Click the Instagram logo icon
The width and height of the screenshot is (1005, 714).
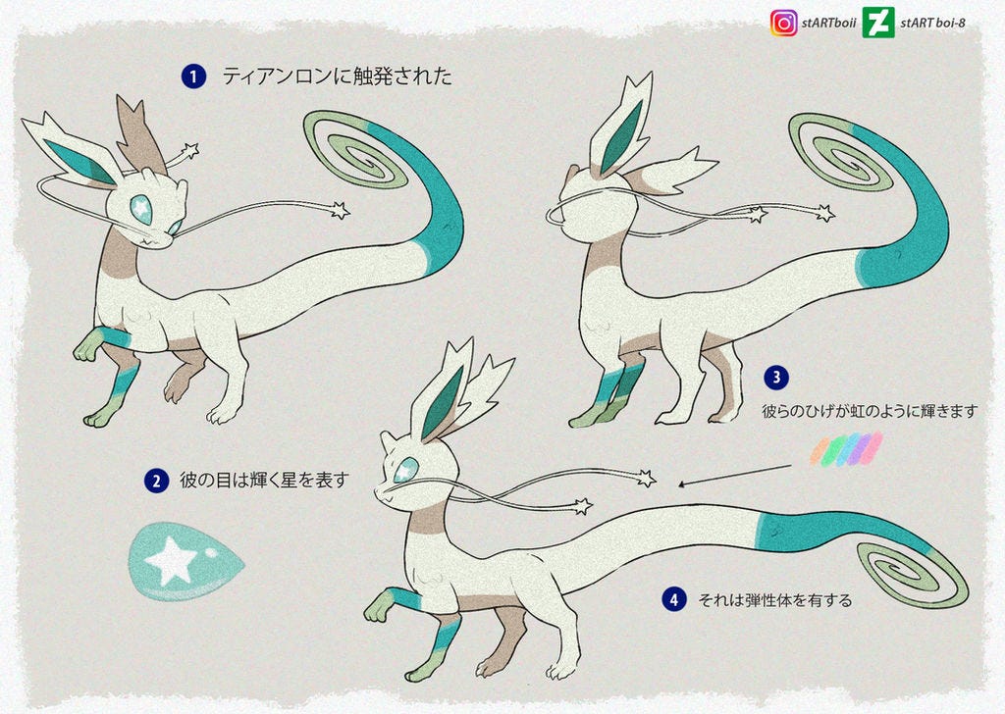(784, 24)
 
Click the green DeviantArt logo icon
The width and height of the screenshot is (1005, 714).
(878, 24)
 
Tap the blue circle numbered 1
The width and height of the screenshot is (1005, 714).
(193, 77)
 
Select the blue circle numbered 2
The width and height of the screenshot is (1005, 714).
(156, 481)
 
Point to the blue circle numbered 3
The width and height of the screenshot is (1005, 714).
(776, 378)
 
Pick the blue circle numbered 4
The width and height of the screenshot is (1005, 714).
(673, 600)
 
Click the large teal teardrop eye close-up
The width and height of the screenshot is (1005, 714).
(185, 562)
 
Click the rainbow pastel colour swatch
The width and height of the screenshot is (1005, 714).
(847, 449)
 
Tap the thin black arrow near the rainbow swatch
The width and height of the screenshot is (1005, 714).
(734, 477)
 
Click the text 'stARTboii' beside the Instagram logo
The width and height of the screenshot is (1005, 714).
(828, 24)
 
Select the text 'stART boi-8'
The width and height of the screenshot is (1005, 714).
(932, 24)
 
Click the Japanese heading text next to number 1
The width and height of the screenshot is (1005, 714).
(338, 76)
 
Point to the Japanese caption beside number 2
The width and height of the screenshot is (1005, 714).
(264, 480)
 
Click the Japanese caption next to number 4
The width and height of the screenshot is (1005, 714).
(775, 600)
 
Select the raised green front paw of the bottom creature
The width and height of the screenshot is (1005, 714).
(380, 607)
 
